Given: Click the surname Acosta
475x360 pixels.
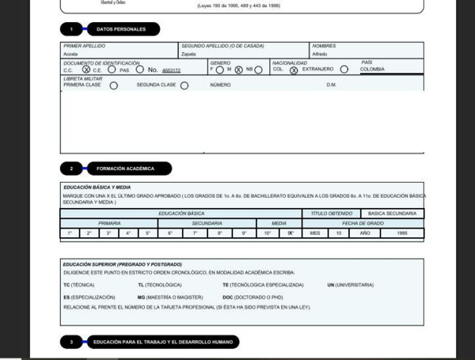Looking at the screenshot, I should pos(70,55).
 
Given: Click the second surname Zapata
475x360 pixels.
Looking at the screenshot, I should pos(188,55).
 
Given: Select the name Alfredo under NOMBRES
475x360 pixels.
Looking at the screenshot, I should pos(319,55).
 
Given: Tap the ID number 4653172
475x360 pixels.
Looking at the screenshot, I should pos(171,70).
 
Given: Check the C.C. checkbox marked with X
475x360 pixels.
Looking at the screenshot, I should pos(86,70).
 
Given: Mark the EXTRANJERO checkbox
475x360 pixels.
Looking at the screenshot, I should pos(344,70).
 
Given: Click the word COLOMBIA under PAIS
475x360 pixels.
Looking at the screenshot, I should pos(372,70).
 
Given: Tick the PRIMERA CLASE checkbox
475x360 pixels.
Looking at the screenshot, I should pos(113,85).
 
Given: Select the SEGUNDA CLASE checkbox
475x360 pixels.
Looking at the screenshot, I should pos(184,85).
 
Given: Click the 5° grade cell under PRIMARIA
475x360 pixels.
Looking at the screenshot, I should pos(147,233).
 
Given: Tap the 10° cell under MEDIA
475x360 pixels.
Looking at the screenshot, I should pos(268,233).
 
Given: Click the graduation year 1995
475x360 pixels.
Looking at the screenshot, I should pos(402,233).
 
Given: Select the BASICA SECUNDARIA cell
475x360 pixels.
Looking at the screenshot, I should pos(391,214).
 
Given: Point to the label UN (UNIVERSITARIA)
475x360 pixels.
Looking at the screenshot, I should pos(350,285).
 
